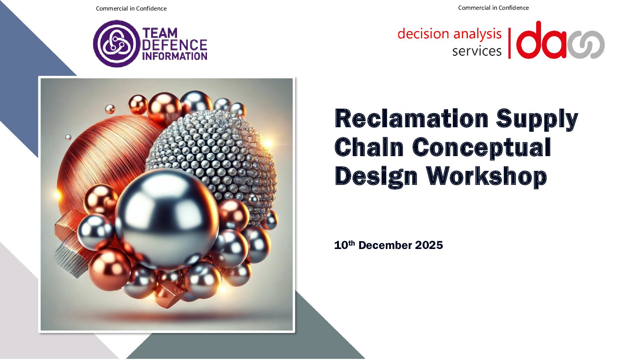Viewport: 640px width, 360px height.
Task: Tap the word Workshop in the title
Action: coord(486,177)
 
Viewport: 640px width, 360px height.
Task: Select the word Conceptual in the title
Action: coord(482,148)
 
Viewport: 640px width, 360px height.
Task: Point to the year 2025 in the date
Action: coord(429,245)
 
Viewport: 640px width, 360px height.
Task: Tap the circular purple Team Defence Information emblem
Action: coord(117,44)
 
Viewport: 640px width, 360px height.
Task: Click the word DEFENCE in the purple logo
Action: coord(174,45)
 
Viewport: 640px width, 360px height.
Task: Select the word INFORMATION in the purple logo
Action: coord(175,56)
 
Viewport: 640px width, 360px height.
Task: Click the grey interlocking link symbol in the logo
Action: coord(586,45)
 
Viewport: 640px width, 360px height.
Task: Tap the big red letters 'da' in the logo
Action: coord(541,40)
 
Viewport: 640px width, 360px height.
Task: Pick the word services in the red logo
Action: coord(477,51)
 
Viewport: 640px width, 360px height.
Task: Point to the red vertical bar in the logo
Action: coord(510,43)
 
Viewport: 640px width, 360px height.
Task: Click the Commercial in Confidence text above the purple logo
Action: coord(131,9)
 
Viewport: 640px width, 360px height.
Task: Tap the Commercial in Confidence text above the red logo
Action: coord(493,8)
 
